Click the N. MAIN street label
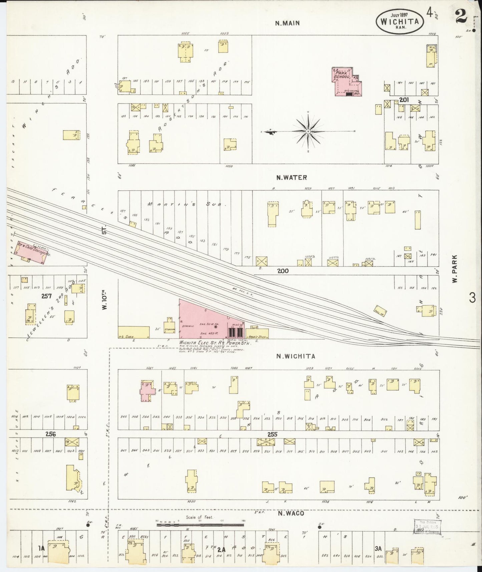(287, 23)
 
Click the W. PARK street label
(454, 269)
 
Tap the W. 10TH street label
(104, 302)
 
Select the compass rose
(308, 131)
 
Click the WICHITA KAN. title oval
(400, 22)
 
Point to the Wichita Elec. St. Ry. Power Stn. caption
(215, 343)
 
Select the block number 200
(283, 271)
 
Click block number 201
(404, 99)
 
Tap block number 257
(46, 296)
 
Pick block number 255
(273, 435)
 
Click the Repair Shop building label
(258, 337)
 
